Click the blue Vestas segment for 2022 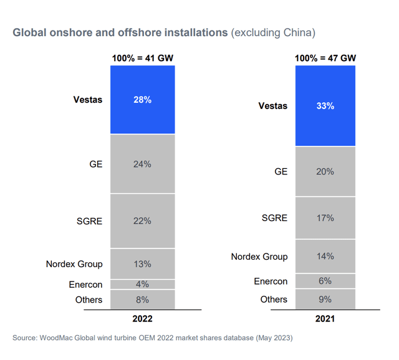coord(142,100)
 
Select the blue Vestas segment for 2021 coord(325,106)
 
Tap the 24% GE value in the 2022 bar coord(142,164)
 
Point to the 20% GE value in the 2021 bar coord(325,171)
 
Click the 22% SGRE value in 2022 coord(142,221)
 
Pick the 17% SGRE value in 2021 coord(325,218)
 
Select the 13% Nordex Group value coord(142,264)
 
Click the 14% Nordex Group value coord(325,256)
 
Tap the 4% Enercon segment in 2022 coord(142,285)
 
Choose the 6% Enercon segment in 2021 coord(325,281)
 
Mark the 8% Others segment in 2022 coord(142,300)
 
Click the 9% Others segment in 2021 coord(325,300)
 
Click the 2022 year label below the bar coord(142,318)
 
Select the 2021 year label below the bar coord(325,318)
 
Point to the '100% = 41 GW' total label coord(142,58)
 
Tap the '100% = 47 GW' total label coord(325,58)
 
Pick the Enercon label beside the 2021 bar coord(271,282)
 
